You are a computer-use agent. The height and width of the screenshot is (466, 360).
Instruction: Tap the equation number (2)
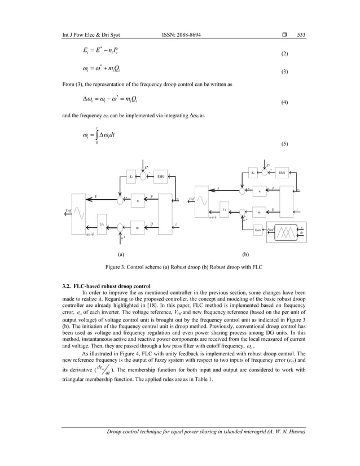284,54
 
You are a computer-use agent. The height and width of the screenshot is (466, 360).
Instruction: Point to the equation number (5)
284,143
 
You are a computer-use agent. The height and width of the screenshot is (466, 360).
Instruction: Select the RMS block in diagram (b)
282,172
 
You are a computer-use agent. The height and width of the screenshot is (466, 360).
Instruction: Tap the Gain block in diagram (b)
258,231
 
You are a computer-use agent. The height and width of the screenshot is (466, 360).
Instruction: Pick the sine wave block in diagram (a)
78,214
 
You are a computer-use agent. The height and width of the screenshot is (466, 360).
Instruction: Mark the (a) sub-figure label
120,254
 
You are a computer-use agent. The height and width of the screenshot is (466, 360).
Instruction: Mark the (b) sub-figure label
245,254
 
